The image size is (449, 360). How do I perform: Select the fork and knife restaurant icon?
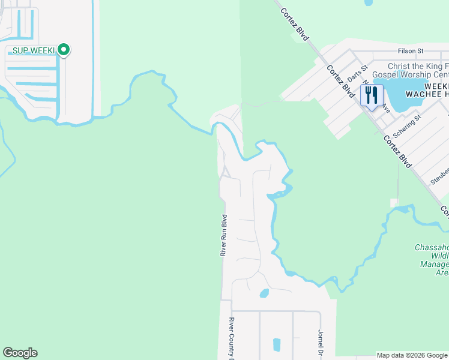(x=372, y=95)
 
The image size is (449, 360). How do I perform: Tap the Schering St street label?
(x=408, y=127)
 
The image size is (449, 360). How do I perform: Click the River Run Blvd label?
(x=223, y=236)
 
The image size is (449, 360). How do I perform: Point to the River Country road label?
(x=231, y=339)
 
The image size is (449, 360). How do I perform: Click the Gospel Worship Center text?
(x=411, y=75)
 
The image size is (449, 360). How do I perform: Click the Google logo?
(x=20, y=353)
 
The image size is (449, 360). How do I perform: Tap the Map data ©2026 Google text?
(x=412, y=355)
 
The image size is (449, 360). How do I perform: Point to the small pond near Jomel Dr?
(x=277, y=344)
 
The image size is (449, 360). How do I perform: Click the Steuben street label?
(x=439, y=175)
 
